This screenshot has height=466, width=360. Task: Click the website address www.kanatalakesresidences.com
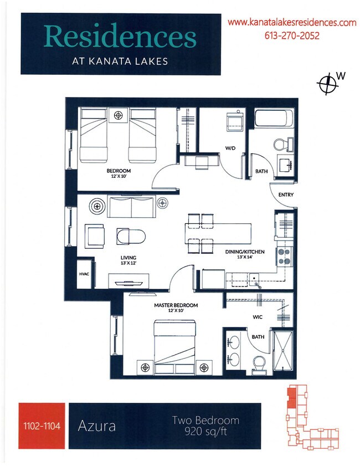(292, 23)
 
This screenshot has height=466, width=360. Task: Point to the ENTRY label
(286, 194)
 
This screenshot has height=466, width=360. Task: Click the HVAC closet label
(85, 273)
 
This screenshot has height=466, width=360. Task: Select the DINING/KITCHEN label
(245, 252)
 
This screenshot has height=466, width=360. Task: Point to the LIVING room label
(128, 258)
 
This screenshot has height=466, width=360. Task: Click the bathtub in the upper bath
(273, 119)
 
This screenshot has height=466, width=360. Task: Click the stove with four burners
(284, 255)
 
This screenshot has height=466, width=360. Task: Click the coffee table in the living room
(131, 236)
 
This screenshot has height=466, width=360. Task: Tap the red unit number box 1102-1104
(42, 426)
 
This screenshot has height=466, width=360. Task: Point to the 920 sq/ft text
(205, 431)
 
